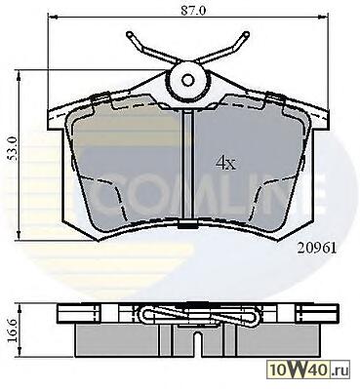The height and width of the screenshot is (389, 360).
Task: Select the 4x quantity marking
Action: click(225, 164)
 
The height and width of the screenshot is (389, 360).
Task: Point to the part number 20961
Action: click(316, 249)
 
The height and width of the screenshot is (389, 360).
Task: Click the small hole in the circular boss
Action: click(187, 80)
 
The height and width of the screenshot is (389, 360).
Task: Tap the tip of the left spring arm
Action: click(129, 34)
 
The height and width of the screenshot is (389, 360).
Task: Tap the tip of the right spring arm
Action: click(247, 34)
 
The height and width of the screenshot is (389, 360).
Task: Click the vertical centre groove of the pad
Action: click(188, 165)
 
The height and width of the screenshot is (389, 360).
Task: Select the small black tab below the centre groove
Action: click(188, 224)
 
